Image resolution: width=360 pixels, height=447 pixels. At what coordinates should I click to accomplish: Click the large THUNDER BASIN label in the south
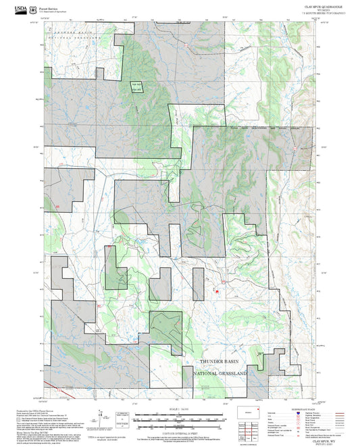[x=220, y=362]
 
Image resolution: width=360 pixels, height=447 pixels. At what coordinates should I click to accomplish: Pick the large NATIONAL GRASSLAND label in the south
[x=220, y=373]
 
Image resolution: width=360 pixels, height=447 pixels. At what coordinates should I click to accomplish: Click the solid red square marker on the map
[x=217, y=292]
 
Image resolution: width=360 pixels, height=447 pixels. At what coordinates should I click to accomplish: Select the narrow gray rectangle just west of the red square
[x=199, y=284]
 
